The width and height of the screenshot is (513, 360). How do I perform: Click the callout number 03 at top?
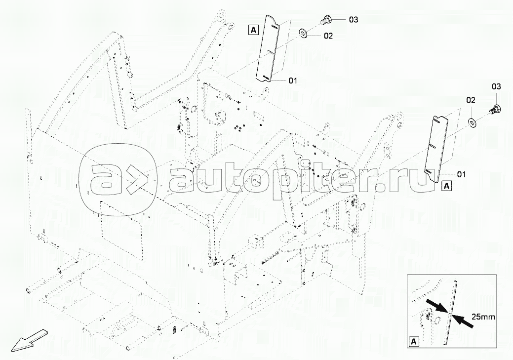click(354, 20)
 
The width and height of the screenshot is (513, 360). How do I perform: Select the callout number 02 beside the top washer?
click(328, 36)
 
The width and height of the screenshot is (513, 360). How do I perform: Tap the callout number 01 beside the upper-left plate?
click(293, 80)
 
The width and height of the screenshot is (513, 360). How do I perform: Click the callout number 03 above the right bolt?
click(496, 87)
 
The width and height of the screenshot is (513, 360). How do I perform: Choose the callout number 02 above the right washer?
click(471, 100)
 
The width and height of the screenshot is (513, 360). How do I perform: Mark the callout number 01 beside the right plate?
click(461, 174)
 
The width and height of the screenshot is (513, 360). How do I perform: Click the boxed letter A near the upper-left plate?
click(254, 30)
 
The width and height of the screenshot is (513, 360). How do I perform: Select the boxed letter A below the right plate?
click(446, 186)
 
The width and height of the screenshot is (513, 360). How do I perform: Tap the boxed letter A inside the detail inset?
click(414, 342)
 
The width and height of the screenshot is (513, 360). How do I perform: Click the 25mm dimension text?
click(483, 317)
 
